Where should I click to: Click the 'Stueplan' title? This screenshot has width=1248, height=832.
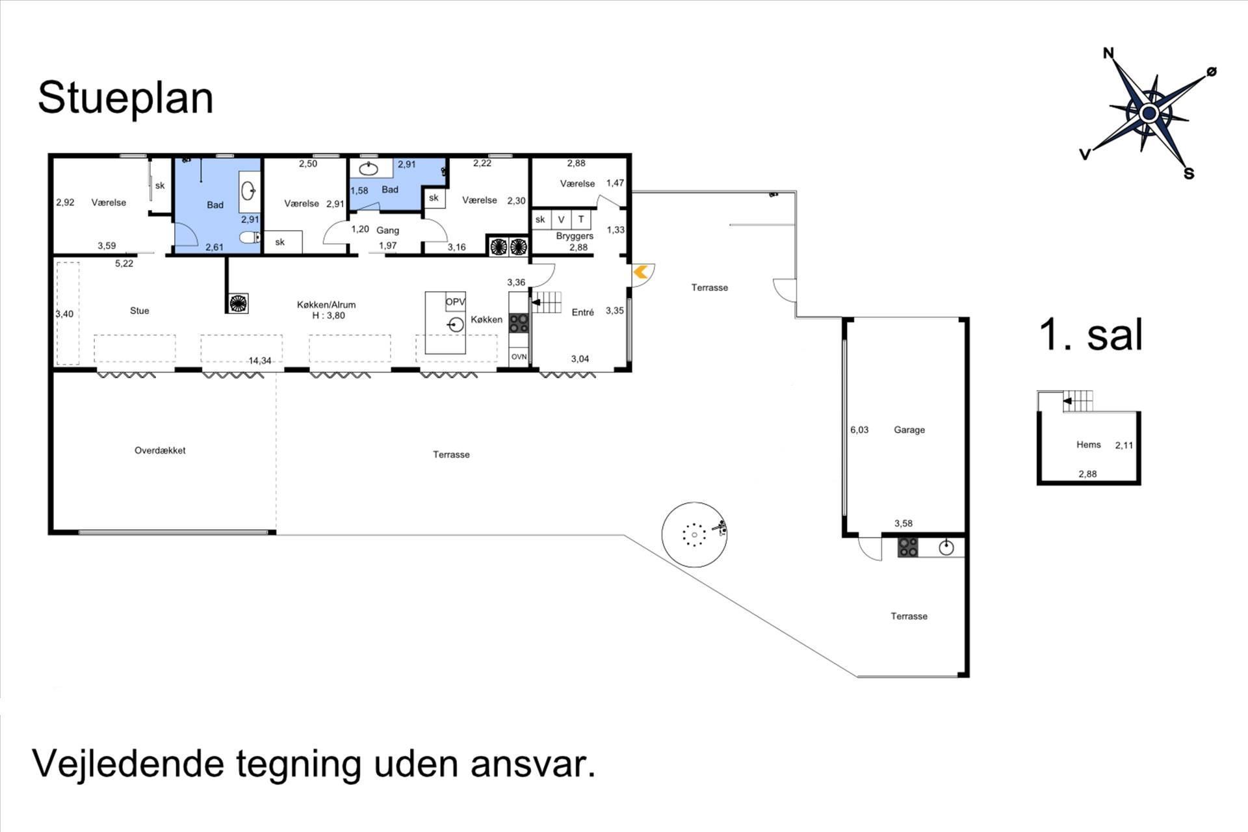point(125,99)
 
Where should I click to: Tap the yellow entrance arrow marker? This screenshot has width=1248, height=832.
point(641,272)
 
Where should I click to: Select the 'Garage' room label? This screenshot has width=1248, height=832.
point(909,430)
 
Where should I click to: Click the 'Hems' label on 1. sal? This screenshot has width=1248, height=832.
point(1088,445)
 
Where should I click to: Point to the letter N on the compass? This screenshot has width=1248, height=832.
point(1108,53)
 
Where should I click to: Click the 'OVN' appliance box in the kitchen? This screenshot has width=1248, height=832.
point(519,357)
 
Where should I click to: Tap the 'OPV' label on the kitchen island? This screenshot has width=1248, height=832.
point(455,302)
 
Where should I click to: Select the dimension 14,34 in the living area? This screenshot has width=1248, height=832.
point(260,361)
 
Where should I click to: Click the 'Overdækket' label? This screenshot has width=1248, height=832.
point(160,450)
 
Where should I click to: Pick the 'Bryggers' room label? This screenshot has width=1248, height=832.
point(575,236)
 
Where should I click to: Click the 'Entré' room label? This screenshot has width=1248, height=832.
point(582,312)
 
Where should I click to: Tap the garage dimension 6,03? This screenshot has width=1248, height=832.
point(859,430)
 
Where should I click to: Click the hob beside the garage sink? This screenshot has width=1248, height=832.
point(908,547)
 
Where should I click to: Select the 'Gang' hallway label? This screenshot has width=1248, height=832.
point(387,230)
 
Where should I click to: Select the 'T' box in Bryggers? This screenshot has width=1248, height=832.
point(581,219)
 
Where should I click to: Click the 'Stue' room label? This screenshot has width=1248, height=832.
point(140,311)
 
